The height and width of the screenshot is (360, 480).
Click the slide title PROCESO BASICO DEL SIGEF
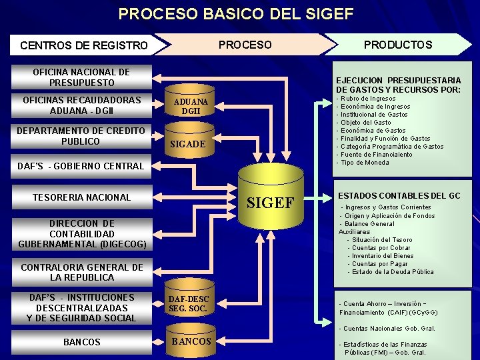coord(236,13)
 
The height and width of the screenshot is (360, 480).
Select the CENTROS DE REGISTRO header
coord(84,45)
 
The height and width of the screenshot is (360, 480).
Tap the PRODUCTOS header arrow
coord(399,45)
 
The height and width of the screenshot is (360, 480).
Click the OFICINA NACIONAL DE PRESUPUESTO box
coord(81,77)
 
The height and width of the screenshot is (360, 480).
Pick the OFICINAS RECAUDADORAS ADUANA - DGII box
coord(81,105)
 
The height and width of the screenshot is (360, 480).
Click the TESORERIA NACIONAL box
coord(81,197)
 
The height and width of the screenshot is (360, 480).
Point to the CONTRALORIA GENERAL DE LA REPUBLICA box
coord(81,272)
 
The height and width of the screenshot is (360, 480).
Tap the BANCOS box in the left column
coord(81,342)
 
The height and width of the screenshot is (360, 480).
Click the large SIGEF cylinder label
coord(271,203)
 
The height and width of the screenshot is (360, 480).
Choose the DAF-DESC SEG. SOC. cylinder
coord(188,304)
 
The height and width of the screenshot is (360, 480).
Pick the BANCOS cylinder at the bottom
coord(191,341)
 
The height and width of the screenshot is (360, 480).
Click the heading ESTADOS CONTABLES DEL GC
coord(399,196)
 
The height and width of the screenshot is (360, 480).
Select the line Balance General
coord(369,224)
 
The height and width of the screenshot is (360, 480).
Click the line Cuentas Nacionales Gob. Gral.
coord(387,329)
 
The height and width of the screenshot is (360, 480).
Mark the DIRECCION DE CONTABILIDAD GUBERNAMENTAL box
coord(81,234)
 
